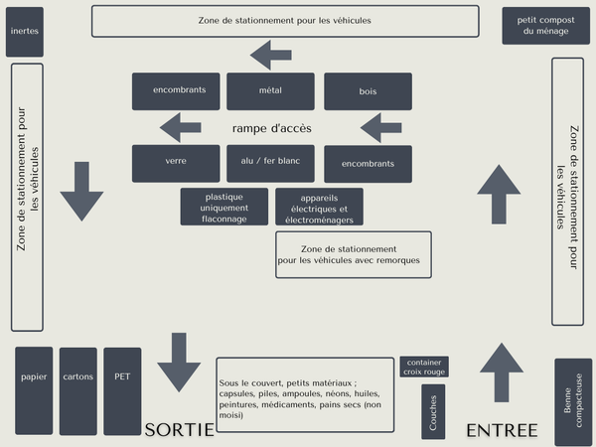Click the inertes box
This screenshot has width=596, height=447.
click(25, 32)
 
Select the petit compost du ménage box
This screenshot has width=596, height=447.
click(545, 26)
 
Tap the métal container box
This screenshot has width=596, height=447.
click(270, 91)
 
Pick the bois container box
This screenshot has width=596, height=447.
click(368, 91)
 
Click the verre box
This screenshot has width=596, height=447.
click(176, 164)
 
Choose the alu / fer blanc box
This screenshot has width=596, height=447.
click(270, 164)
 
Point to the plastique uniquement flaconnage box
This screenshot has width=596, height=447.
click(224, 207)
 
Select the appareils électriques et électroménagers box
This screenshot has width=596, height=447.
click(319, 207)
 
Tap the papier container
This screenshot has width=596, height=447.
click(34, 390)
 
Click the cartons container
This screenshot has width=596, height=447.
click(78, 391)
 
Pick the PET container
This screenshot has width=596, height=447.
click(122, 391)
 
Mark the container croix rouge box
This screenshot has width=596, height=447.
click(424, 367)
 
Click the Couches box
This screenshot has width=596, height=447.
click(433, 411)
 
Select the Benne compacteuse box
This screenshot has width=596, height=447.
click(573, 402)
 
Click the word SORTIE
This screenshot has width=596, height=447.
click(180, 430)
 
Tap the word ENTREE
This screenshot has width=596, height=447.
click(502, 431)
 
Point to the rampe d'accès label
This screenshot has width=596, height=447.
click(272, 128)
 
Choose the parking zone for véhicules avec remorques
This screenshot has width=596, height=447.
click(354, 254)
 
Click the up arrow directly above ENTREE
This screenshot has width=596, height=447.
click(502, 372)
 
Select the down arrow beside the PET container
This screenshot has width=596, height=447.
click(179, 363)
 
